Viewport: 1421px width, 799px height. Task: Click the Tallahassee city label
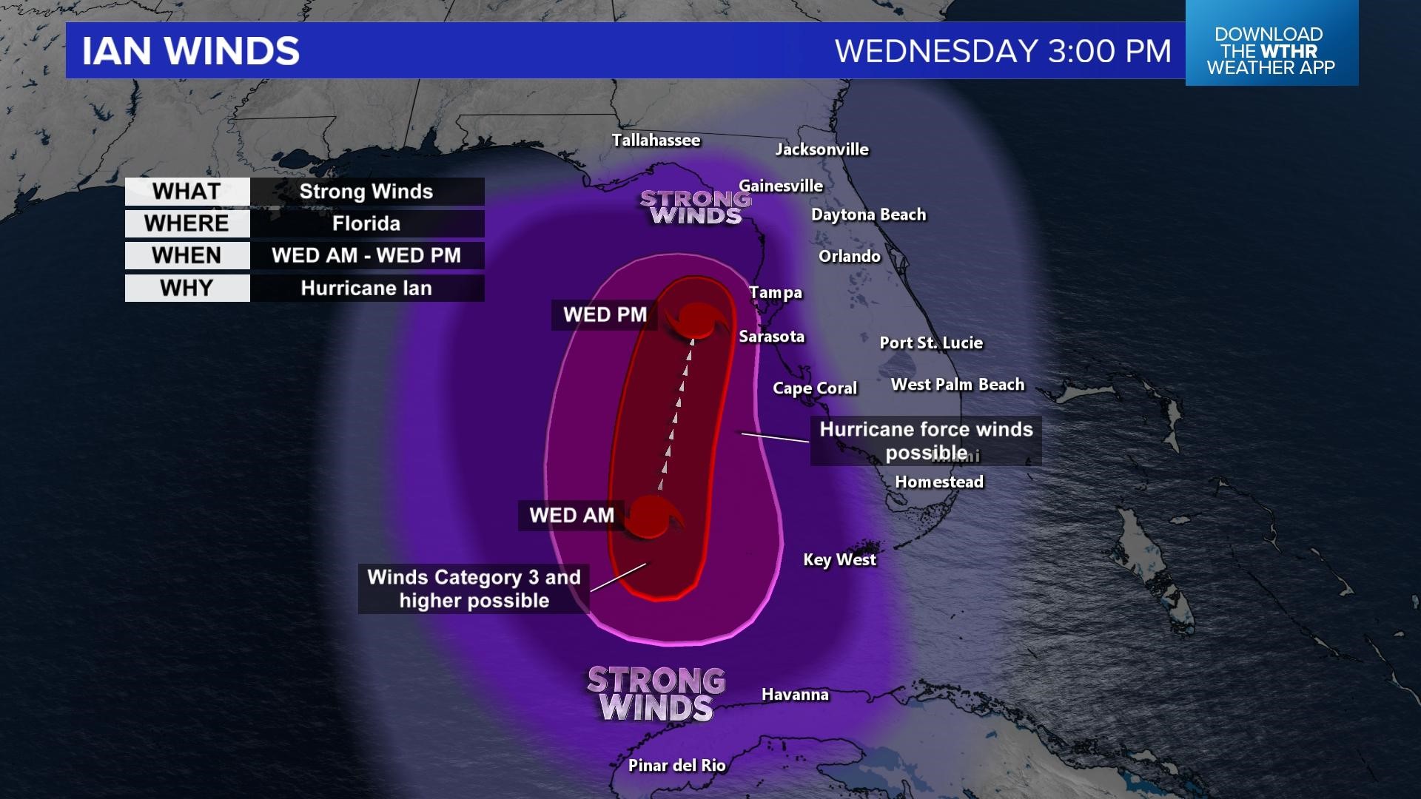pyautogui.click(x=656, y=140)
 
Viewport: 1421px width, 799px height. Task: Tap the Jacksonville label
pyautogui.click(x=822, y=149)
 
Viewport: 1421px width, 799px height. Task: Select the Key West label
pyautogui.click(x=839, y=560)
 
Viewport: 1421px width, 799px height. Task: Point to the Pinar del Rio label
pyautogui.click(x=676, y=766)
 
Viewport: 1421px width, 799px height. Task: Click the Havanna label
pyautogui.click(x=795, y=695)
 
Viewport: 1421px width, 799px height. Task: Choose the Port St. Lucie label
pyautogui.click(x=931, y=343)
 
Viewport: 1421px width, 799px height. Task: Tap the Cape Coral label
pyautogui.click(x=814, y=388)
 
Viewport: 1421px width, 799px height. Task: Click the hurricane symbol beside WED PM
pyautogui.click(x=696, y=320)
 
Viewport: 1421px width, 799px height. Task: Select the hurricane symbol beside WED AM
pyautogui.click(x=653, y=516)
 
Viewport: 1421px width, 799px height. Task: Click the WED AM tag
pyautogui.click(x=571, y=515)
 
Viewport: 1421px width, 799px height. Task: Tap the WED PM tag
pyautogui.click(x=605, y=314)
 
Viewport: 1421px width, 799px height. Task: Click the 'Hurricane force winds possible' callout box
pyautogui.click(x=925, y=441)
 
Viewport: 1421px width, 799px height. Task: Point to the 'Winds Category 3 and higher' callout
pyautogui.click(x=474, y=589)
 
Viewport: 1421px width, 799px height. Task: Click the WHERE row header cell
pyautogui.click(x=187, y=223)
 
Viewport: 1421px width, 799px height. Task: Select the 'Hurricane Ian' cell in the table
pyautogui.click(x=366, y=289)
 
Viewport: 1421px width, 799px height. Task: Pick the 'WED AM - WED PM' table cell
pyautogui.click(x=366, y=256)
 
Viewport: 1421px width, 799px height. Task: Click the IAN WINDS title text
pyautogui.click(x=190, y=51)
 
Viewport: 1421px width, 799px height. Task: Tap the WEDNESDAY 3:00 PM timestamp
pyautogui.click(x=1003, y=51)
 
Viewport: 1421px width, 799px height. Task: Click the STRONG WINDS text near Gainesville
pyautogui.click(x=694, y=207)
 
